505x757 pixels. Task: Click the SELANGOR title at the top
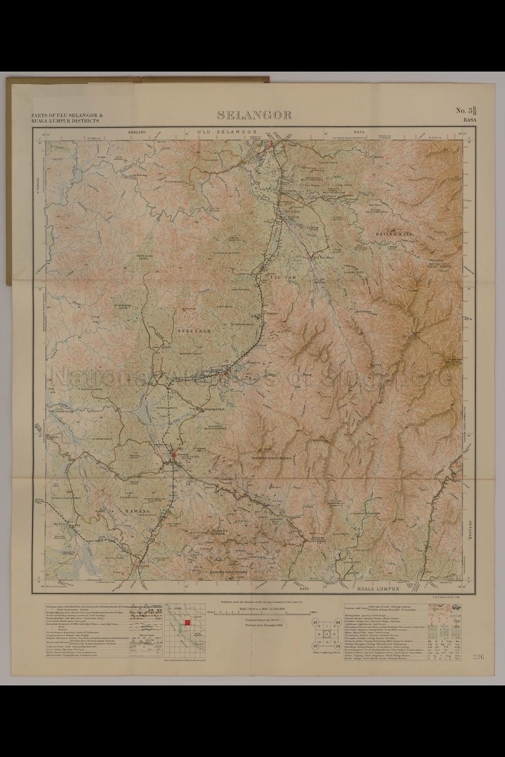point(254,115)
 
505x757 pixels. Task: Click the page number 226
point(478,657)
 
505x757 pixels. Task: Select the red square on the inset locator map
point(186,622)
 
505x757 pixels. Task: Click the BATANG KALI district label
point(393,234)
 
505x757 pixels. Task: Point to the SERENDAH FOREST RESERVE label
point(272,458)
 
